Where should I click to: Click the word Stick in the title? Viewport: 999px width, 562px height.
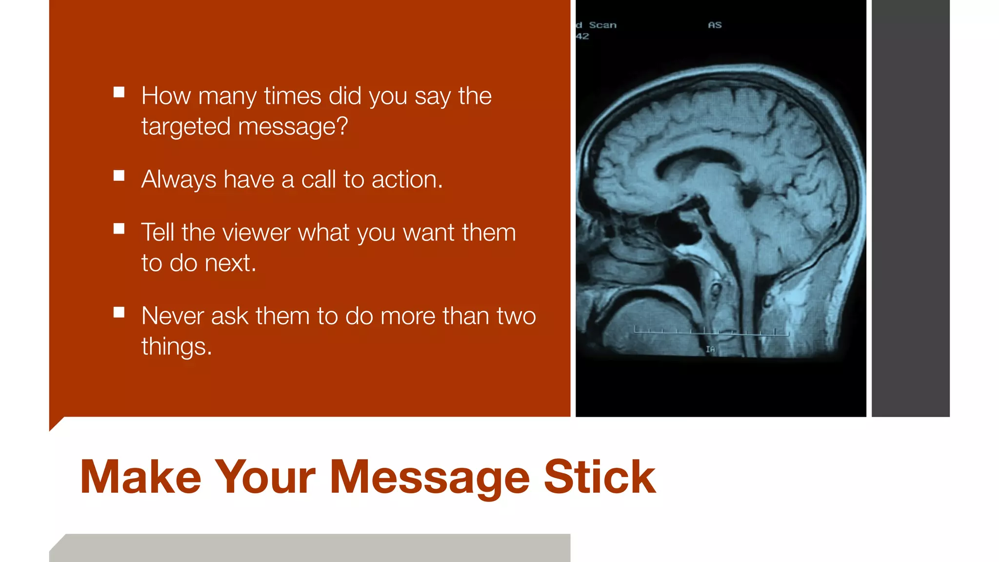click(x=599, y=477)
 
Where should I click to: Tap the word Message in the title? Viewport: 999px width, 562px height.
click(x=429, y=478)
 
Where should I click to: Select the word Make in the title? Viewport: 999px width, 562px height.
click(x=140, y=477)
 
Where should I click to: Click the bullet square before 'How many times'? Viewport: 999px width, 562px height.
click(x=119, y=92)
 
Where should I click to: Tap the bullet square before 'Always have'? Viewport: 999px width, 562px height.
click(x=119, y=176)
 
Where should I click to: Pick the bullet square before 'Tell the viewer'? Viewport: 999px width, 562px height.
click(x=119, y=229)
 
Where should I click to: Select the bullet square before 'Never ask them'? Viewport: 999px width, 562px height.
click(x=119, y=312)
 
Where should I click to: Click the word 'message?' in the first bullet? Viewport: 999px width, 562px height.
click(x=293, y=127)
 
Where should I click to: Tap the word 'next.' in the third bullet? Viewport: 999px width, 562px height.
click(x=230, y=263)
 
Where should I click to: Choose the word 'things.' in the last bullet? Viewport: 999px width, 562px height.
click(x=177, y=347)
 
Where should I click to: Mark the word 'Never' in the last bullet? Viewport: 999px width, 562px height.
click(x=173, y=316)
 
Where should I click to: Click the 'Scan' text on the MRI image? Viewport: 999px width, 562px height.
click(x=602, y=25)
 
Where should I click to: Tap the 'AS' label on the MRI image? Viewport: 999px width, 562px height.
click(x=715, y=25)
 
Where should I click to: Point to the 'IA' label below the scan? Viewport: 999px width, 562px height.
click(x=710, y=349)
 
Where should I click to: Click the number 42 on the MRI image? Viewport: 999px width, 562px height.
click(x=582, y=37)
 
